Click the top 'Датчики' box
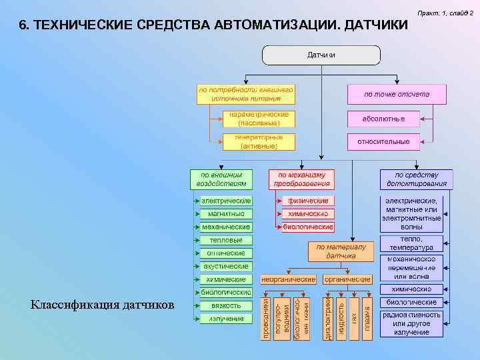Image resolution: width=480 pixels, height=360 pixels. coord(321,55)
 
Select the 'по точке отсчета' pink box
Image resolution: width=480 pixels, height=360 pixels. coord(396,94)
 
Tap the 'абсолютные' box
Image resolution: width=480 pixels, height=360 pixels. coord(383,119)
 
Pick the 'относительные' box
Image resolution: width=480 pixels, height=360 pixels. coord(383,141)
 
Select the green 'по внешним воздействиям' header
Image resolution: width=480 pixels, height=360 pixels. coord(222,179)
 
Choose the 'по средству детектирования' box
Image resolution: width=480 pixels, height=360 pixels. coord(416,179)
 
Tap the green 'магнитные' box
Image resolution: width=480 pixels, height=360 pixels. coord(226,214)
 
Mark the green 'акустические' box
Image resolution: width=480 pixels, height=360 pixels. coord(226,266)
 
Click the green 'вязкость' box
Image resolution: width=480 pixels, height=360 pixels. coord(226,305)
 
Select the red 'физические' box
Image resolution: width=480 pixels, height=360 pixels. coord(307,201)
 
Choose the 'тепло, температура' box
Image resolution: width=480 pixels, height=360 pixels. coord(411,243)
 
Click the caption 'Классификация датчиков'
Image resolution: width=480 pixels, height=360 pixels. coord(102,305)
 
